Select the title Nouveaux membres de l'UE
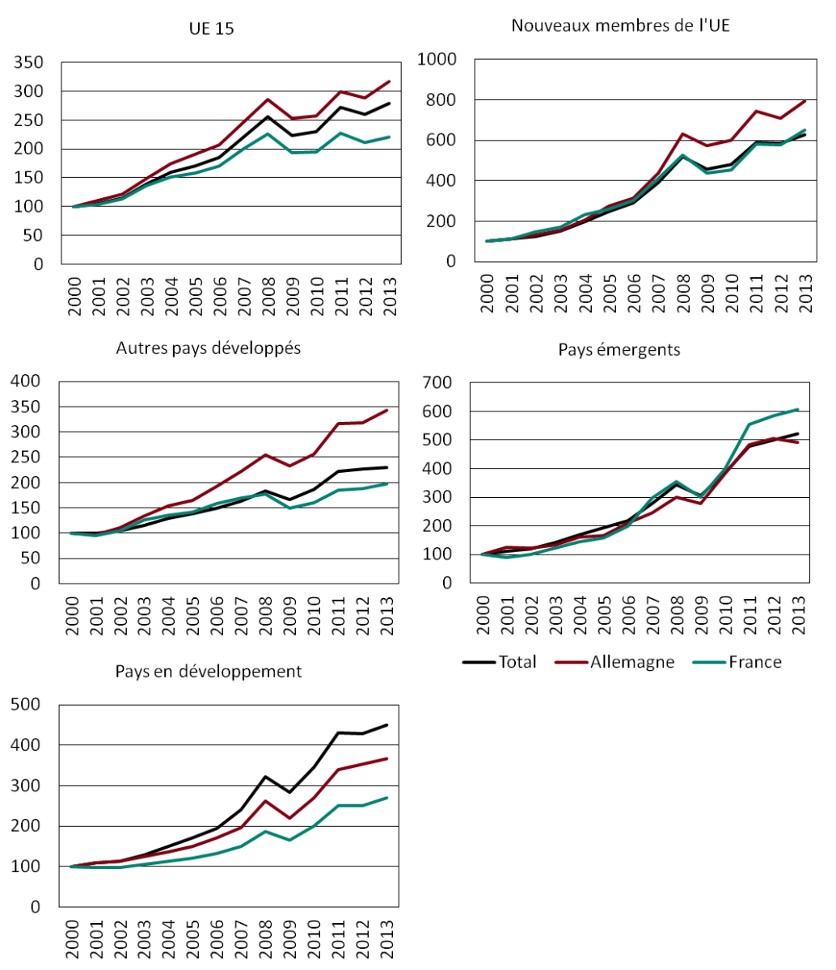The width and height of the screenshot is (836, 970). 621,25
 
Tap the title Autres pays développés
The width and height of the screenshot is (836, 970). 209,348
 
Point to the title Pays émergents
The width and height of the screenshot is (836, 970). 619,349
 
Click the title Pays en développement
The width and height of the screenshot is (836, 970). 209,671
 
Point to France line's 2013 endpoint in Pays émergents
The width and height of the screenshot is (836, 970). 797,409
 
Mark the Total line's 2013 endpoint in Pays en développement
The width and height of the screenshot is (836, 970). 387,725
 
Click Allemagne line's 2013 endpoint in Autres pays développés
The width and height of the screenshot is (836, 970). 387,410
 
